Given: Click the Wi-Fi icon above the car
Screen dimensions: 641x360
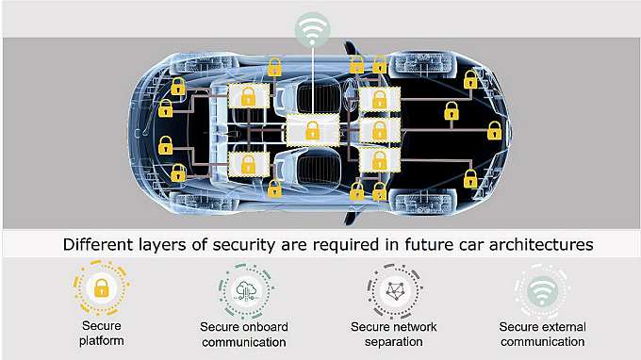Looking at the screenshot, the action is tap(312, 28).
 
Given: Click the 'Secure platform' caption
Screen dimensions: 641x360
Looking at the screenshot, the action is tap(100, 335).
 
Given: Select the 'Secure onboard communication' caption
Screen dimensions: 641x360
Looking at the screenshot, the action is tap(244, 335).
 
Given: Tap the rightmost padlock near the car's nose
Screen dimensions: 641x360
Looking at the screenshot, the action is tap(494, 133).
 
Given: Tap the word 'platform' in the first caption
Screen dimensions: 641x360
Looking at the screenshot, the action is tap(100, 342).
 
